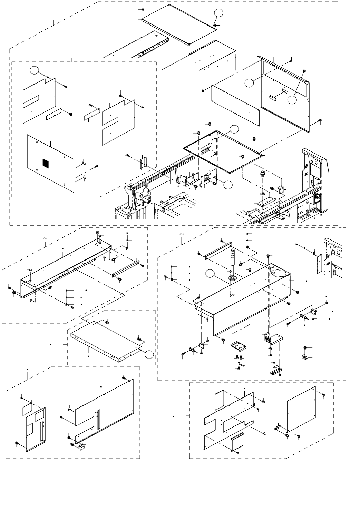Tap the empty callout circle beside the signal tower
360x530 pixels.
tap(210, 275)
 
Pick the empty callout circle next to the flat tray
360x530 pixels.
tap(149, 354)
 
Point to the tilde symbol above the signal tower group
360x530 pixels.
tap(182, 234)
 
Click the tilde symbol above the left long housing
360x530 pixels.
tap(44, 238)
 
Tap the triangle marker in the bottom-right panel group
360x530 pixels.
tap(264, 433)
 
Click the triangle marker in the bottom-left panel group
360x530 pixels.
tap(70, 408)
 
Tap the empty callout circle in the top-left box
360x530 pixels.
tap(34, 70)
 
